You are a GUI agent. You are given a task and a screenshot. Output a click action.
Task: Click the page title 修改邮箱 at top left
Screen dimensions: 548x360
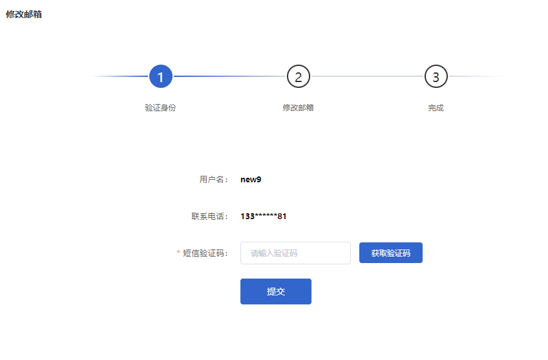click(x=24, y=14)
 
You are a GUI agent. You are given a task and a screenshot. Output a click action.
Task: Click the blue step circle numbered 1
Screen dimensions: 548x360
click(x=161, y=76)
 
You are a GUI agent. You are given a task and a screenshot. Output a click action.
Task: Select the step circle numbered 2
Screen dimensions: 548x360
click(x=299, y=76)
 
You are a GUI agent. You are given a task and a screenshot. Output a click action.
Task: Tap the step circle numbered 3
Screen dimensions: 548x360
click(x=436, y=76)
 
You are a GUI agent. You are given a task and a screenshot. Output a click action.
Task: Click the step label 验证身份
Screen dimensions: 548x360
click(x=160, y=108)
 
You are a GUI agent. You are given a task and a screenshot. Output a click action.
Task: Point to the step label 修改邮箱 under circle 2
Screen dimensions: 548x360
click(x=298, y=108)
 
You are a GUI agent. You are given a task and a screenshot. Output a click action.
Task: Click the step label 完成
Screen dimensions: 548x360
click(x=436, y=108)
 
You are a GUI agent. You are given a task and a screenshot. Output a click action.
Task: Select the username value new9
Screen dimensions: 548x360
click(x=251, y=180)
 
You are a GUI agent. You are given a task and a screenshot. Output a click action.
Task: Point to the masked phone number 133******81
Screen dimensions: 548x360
click(x=264, y=217)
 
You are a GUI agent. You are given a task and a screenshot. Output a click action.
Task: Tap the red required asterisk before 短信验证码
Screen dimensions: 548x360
click(x=178, y=252)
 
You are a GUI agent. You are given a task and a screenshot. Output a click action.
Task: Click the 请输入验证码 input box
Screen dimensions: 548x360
click(x=296, y=253)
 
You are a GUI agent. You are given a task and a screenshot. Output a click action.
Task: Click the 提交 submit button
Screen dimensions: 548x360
click(x=276, y=291)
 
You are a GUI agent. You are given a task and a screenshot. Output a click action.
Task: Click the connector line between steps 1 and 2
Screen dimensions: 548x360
click(x=230, y=76)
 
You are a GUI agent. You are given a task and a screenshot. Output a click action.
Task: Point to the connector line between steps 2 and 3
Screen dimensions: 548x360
click(x=367, y=76)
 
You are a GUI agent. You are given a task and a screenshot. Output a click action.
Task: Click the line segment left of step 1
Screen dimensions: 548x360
click(x=121, y=76)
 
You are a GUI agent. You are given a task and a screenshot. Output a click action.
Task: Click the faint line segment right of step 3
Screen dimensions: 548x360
click(x=476, y=76)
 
